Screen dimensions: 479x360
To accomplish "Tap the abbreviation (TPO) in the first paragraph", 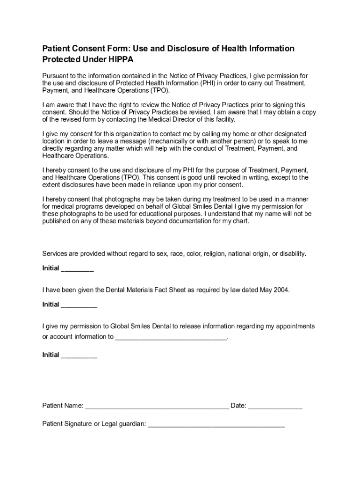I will coord(158,90).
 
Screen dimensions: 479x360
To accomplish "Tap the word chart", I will coord(241,221).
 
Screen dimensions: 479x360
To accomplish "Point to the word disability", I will coord(291,254).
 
